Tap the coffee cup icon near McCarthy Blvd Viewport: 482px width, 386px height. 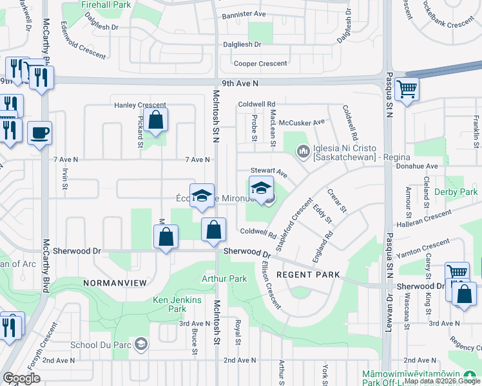(39, 133)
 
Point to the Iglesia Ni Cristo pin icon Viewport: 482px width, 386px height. (303, 152)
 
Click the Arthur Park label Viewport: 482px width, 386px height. (224, 279)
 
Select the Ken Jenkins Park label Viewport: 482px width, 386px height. (177, 304)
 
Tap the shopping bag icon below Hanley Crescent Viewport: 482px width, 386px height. (155, 120)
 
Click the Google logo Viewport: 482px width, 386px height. (22, 378)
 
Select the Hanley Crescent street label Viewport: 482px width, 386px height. (140, 105)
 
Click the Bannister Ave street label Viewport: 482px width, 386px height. (244, 14)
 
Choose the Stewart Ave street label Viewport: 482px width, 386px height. (268, 172)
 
